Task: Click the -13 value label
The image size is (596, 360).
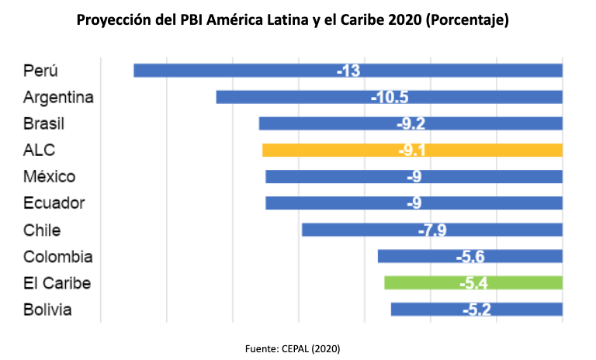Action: click(x=348, y=71)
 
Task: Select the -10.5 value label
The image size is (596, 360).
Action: click(x=389, y=97)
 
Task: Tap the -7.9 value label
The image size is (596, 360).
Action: click(x=431, y=230)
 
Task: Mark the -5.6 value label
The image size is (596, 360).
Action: click(x=470, y=256)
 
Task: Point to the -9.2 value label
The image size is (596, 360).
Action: click(x=411, y=123)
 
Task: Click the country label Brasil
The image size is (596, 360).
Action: click(x=43, y=123)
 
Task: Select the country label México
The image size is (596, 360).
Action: click(x=49, y=176)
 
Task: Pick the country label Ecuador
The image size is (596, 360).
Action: click(x=54, y=203)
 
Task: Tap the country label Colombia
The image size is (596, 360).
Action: click(x=58, y=256)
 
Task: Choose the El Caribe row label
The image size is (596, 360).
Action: click(x=57, y=282)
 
